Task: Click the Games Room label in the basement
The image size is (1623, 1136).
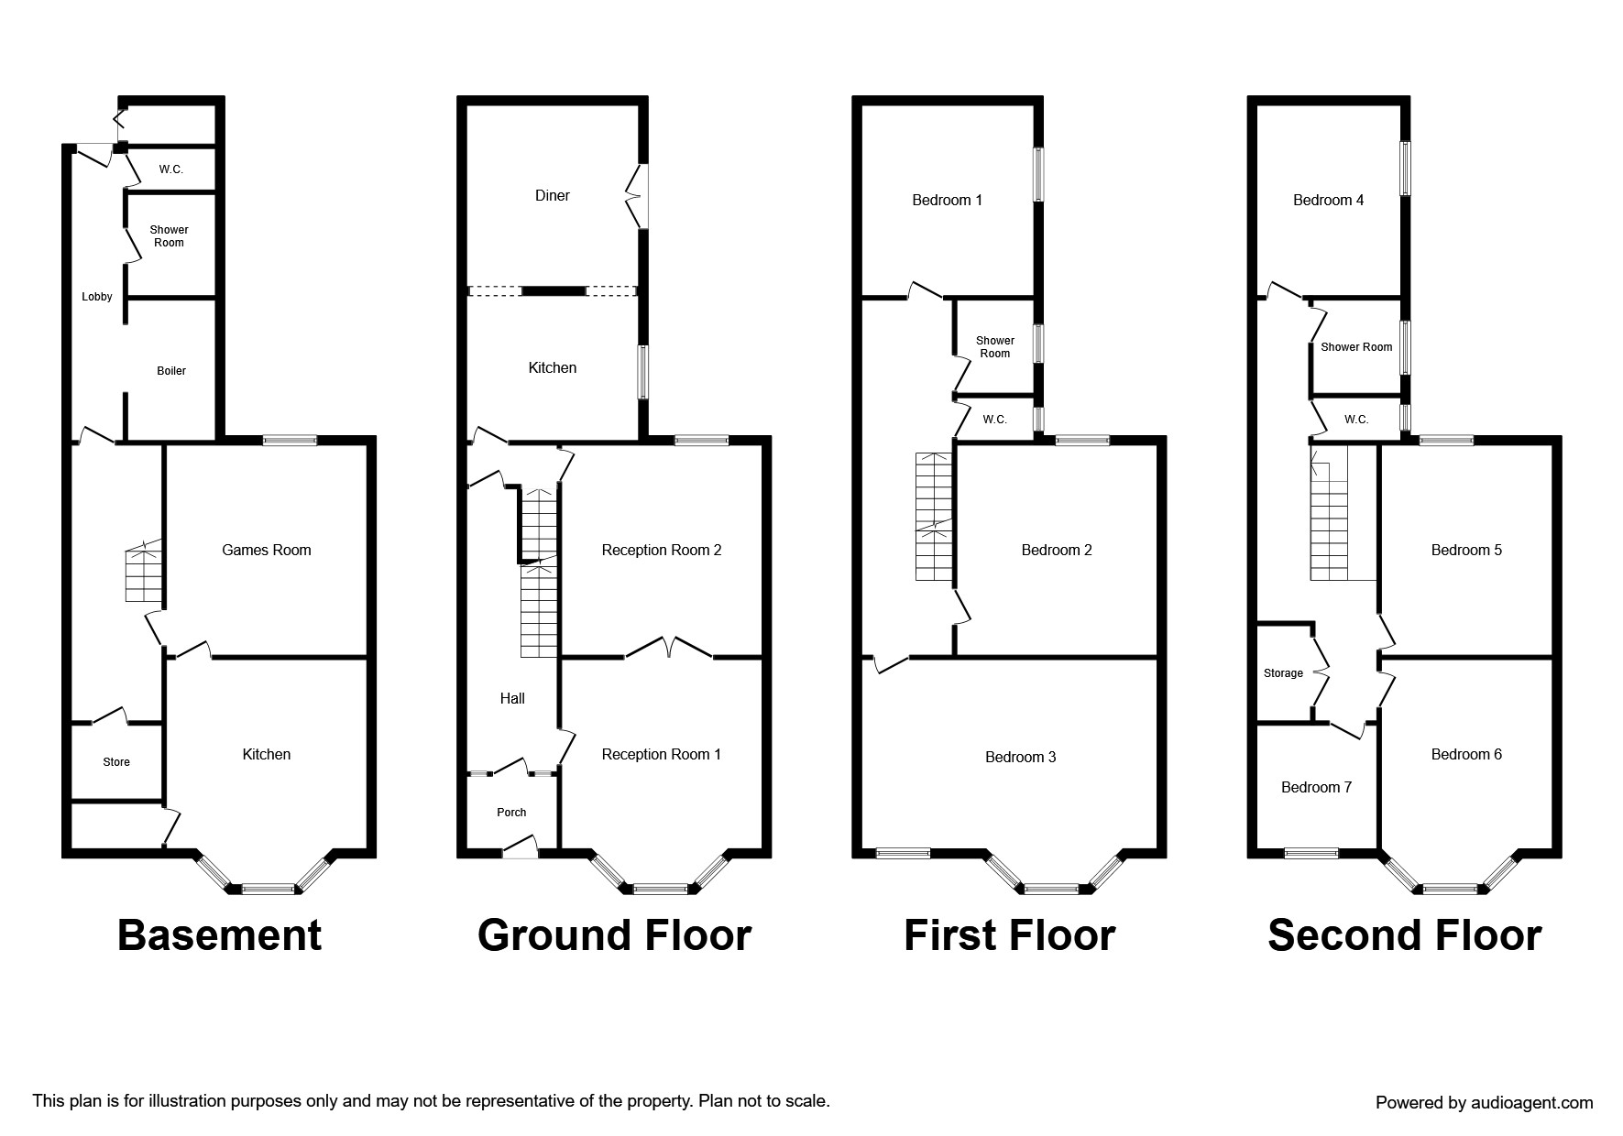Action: pos(267,550)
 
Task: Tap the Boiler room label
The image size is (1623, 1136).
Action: pos(171,371)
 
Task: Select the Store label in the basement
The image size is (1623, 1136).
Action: pos(116,762)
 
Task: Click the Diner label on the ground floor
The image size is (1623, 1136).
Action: pos(553,195)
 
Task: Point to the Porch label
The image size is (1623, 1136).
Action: pos(511,813)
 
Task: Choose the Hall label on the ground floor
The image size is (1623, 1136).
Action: pos(512,698)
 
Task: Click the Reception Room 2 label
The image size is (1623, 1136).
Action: pos(662,550)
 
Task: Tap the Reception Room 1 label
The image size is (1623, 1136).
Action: pos(662,754)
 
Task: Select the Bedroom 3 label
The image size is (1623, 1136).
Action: pos(1021,757)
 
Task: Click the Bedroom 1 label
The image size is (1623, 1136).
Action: pos(948,200)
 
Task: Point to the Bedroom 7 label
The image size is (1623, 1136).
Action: pos(1317,787)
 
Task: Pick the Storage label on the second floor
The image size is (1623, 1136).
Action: pos(1283,673)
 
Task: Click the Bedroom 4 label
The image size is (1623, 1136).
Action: pos(1329,200)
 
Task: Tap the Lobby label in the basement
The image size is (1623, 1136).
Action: pos(97,297)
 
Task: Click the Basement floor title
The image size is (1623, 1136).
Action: pos(220,935)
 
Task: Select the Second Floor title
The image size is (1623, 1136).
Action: pos(1405,935)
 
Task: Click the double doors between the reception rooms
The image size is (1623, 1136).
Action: pos(669,648)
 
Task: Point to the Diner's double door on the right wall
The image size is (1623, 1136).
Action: pos(636,196)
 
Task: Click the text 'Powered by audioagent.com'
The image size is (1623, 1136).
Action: pos(1485,1103)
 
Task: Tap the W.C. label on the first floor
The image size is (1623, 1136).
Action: pos(995,420)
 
